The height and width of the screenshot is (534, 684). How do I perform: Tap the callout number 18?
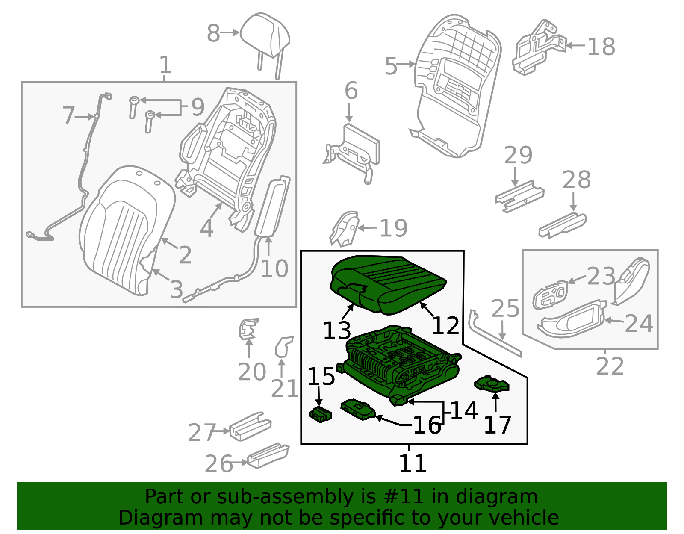point(601,47)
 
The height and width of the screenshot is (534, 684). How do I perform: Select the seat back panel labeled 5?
point(457,85)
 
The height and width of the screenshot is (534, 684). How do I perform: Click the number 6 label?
point(351,91)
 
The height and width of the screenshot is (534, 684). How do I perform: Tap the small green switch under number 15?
point(321,414)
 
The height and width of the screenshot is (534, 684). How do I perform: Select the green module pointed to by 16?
point(358,410)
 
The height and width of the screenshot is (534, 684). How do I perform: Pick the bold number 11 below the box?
point(413,463)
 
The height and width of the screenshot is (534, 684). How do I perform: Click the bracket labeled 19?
point(345,228)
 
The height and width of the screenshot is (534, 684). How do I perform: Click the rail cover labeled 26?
point(268,456)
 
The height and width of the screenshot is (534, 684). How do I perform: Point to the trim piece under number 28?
point(563,226)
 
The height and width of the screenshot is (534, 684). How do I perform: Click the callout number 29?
point(518,156)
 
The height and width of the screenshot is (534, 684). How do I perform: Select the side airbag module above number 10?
point(273,206)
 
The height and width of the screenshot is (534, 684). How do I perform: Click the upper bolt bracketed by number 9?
point(134,107)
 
